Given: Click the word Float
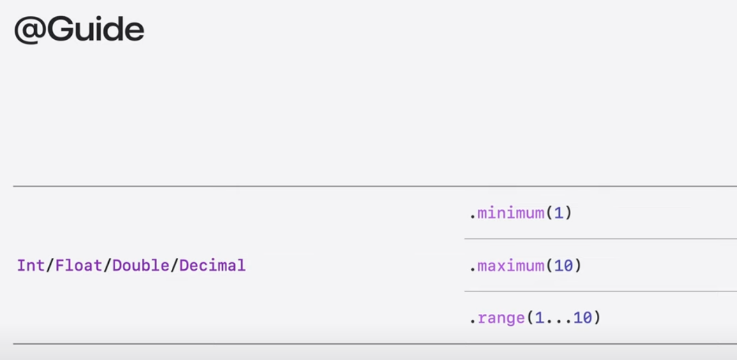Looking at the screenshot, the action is tap(79, 265).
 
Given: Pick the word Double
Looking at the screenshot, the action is tap(141, 265).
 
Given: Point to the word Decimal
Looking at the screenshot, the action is tap(213, 265).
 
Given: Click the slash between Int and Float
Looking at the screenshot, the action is tap(49, 265).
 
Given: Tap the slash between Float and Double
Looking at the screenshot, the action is tap(108, 265).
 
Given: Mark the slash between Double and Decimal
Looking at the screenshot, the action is tap(174, 265).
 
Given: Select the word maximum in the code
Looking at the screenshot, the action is tap(510, 266).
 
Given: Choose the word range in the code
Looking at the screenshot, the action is tap(501, 318).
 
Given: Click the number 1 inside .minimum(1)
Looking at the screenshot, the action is tap(558, 213).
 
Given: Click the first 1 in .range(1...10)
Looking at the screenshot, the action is tap(539, 318).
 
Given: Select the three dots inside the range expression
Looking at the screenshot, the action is tap(558, 320).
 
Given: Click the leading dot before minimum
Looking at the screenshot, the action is tap(472, 216).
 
